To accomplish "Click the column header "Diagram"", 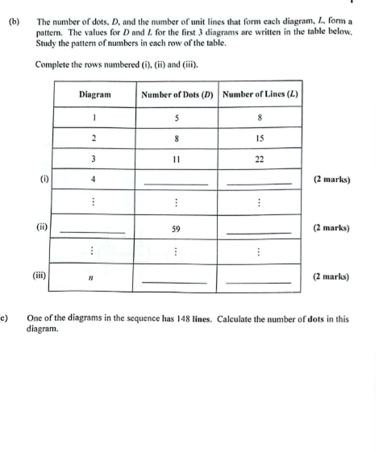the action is pyautogui.click(x=94, y=94).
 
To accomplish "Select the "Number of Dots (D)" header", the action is pyautogui.click(x=177, y=94).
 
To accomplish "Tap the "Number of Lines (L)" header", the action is pyautogui.click(x=260, y=94).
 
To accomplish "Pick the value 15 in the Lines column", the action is pyautogui.click(x=260, y=138).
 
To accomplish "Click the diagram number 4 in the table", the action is pyautogui.click(x=94, y=179).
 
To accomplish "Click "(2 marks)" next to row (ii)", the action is pyautogui.click(x=331, y=228).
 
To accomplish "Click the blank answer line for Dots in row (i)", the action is pyautogui.click(x=176, y=185).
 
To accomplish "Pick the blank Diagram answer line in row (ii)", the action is pyautogui.click(x=93, y=234).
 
